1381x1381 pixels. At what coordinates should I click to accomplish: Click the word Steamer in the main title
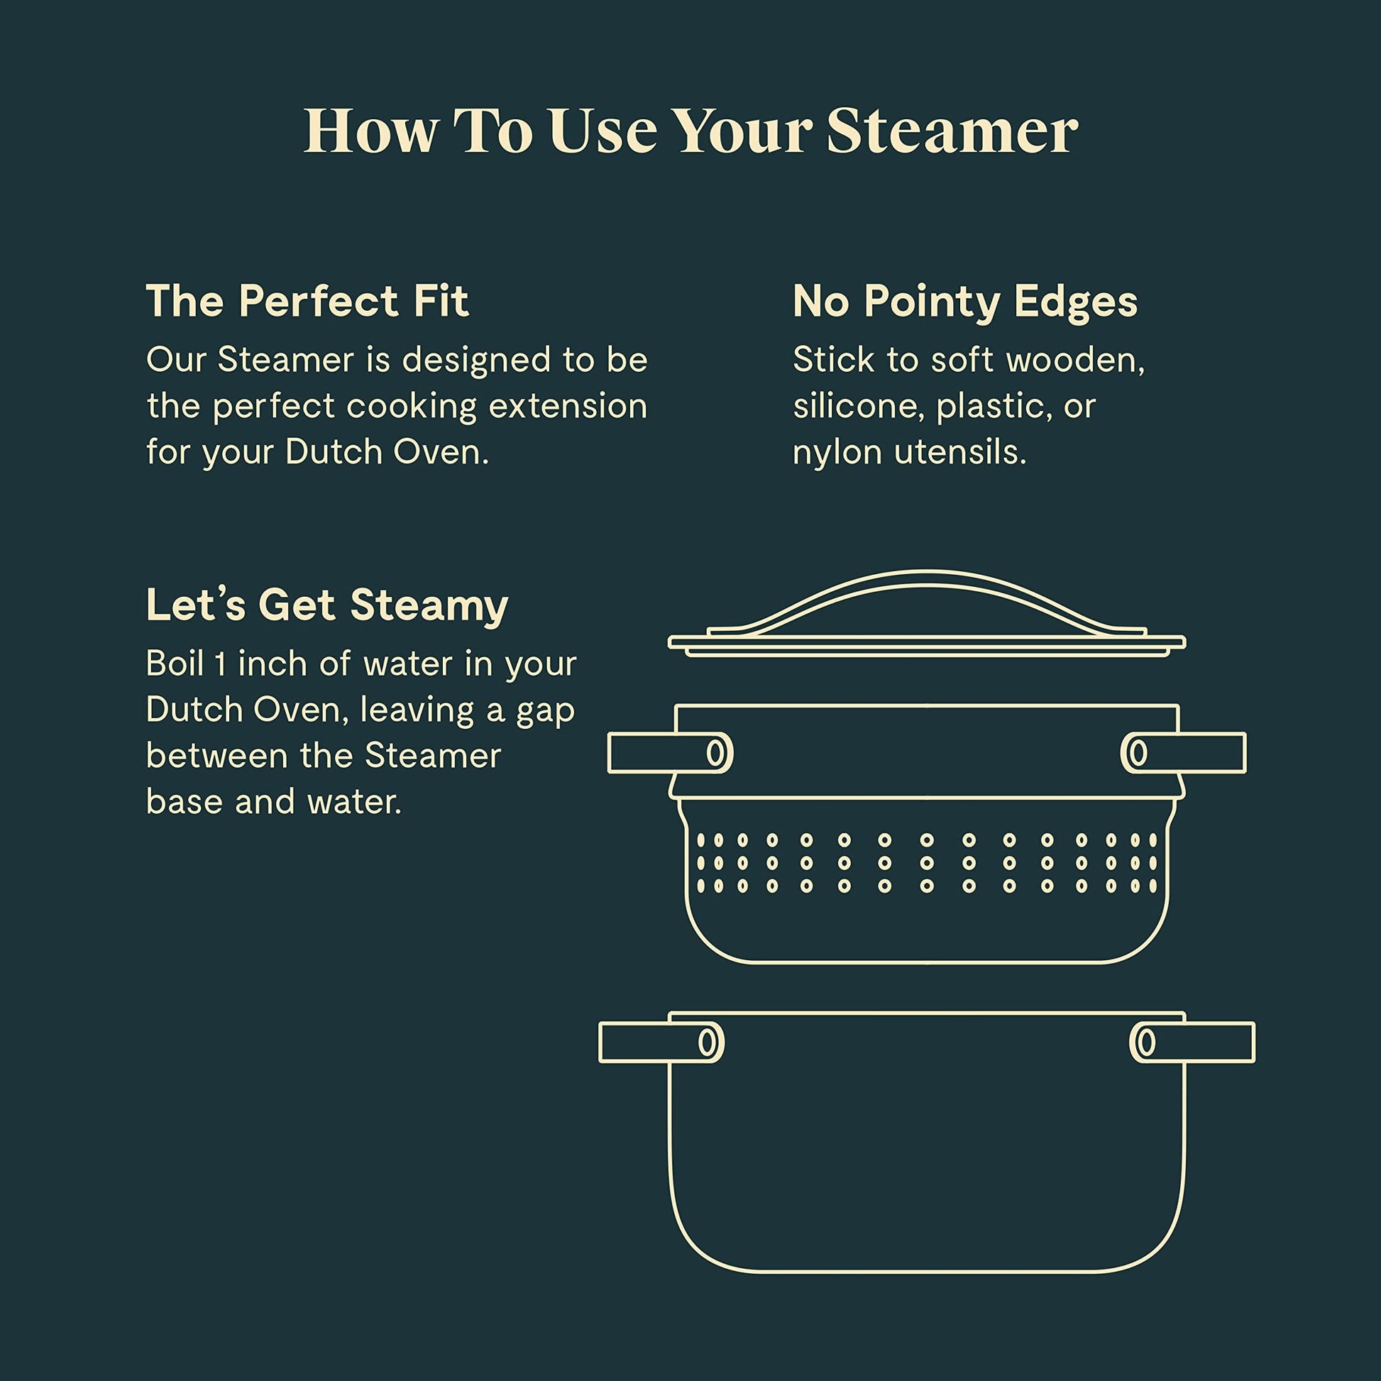(952, 132)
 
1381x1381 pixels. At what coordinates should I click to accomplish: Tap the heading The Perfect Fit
(307, 301)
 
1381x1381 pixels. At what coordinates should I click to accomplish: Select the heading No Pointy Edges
(964, 302)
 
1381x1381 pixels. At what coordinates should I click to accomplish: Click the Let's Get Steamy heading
(326, 605)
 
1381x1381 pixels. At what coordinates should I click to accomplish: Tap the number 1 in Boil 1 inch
(221, 664)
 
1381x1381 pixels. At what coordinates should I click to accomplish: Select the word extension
(568, 406)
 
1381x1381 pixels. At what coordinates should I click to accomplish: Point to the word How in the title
(371, 132)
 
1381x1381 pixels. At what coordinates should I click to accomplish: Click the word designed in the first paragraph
(476, 361)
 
